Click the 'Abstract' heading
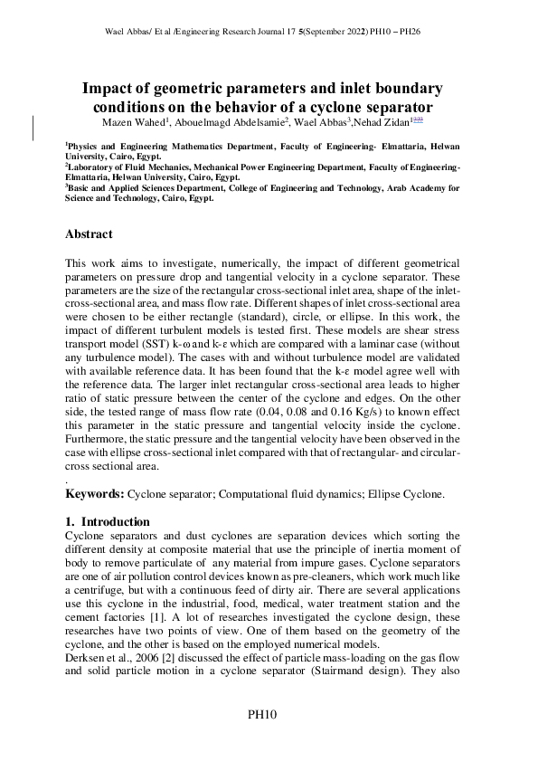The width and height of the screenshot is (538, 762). coord(90,233)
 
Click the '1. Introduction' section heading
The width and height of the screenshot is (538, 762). coord(108,521)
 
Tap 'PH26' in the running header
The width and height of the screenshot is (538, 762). coord(409,31)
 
